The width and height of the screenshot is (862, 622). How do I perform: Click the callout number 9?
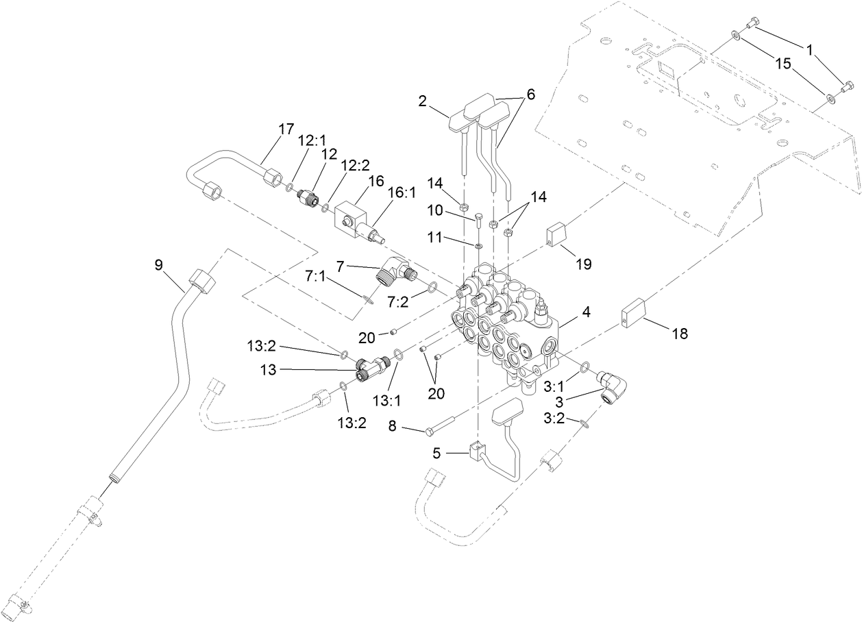coord(158,264)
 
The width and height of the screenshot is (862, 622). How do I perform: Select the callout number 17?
coord(286,128)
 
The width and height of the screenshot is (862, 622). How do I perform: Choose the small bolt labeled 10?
coord(477,221)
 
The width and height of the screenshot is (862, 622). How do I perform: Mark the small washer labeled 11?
coord(478,245)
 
